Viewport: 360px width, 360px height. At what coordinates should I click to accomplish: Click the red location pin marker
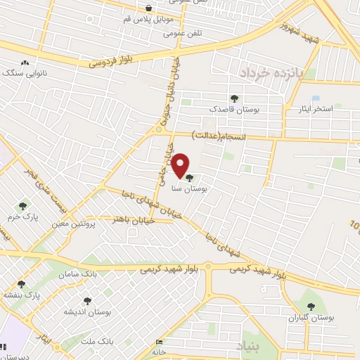[x=180, y=165]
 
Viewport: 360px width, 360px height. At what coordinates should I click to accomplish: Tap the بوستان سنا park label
[x=189, y=188]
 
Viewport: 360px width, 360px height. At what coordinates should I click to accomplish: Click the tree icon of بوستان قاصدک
[x=233, y=99]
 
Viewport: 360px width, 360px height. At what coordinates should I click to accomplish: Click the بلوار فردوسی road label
[x=111, y=61]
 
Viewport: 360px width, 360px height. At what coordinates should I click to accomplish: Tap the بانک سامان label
[x=79, y=272]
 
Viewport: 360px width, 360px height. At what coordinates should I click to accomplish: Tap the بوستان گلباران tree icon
[x=311, y=307]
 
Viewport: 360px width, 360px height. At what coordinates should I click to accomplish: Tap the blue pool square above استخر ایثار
[x=315, y=98]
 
